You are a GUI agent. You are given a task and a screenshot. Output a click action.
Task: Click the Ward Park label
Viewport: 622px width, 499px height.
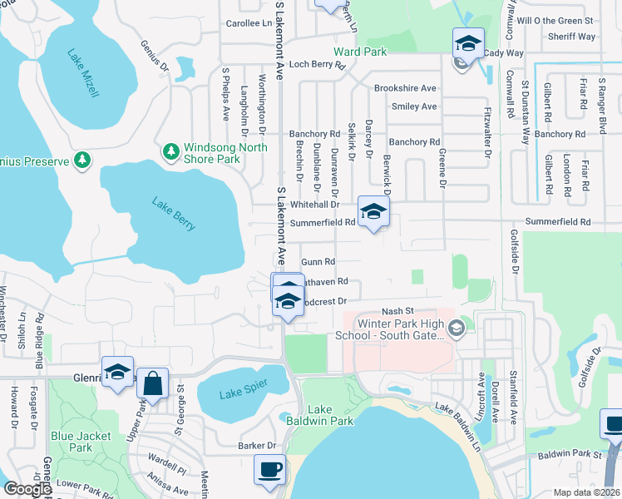tap(361, 52)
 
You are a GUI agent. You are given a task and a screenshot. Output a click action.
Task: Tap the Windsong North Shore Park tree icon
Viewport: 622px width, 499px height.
tap(170, 151)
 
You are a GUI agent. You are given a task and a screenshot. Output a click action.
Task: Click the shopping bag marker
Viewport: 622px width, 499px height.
tap(152, 384)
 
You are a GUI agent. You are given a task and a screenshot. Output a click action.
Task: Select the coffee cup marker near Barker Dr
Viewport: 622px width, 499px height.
tap(269, 468)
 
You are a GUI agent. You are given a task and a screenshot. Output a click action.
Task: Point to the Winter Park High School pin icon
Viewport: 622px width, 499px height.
tap(455, 329)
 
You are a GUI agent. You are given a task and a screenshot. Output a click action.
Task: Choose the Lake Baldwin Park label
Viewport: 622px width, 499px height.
tap(330, 415)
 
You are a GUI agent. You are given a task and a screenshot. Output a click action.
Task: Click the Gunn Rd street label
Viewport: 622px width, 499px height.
tap(318, 261)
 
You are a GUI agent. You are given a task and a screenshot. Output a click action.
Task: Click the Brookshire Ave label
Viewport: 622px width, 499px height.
tap(405, 88)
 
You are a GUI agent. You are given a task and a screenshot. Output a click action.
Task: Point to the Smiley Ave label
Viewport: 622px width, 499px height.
tap(414, 106)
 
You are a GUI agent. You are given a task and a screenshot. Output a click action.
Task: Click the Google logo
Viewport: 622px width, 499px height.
tap(27, 489)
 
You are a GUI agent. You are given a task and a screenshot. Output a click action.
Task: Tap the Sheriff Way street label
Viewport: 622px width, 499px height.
tap(574, 37)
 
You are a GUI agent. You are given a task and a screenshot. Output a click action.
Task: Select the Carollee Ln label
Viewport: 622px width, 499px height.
tap(238, 23)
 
